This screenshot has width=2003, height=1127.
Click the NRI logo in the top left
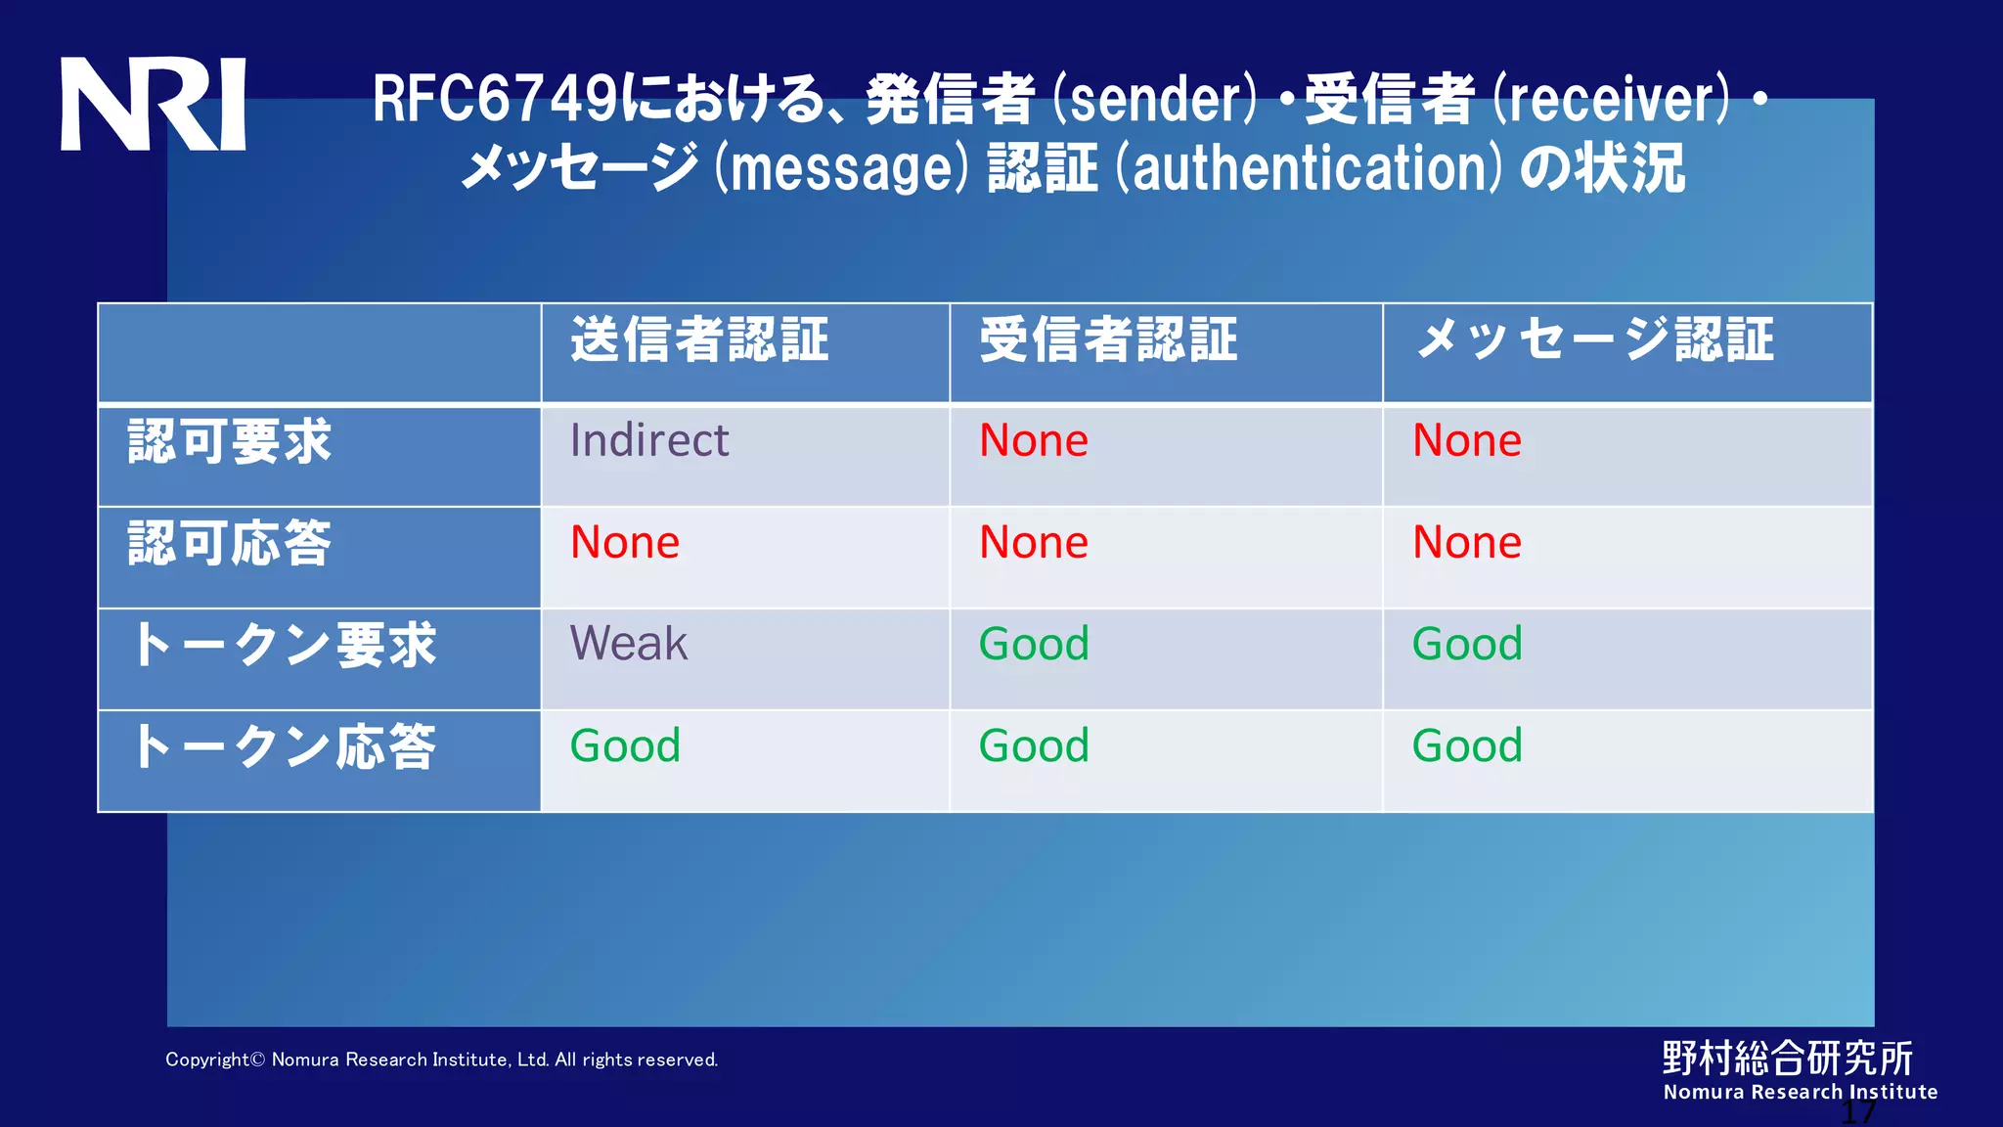153,104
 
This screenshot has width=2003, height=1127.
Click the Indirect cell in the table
649,440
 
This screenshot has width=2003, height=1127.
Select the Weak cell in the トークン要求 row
629,644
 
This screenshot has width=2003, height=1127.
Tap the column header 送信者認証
699,340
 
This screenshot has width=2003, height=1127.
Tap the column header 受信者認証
1108,340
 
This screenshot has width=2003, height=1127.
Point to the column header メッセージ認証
1595,340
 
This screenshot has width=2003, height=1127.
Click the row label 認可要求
230,441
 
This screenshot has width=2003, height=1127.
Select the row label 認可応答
230,543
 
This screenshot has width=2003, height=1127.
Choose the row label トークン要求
284,645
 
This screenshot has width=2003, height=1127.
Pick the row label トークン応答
284,746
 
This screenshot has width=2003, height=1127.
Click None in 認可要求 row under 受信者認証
1034,440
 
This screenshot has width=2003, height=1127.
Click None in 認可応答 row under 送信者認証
625,542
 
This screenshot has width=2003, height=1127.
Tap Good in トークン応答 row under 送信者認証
625,745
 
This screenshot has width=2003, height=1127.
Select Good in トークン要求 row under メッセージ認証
1467,644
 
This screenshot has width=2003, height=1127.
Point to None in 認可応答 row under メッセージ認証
1467,542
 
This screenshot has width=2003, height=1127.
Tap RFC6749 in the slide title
495,100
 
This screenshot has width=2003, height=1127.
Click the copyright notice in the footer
441,1059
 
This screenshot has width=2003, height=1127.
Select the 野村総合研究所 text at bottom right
1788,1058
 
